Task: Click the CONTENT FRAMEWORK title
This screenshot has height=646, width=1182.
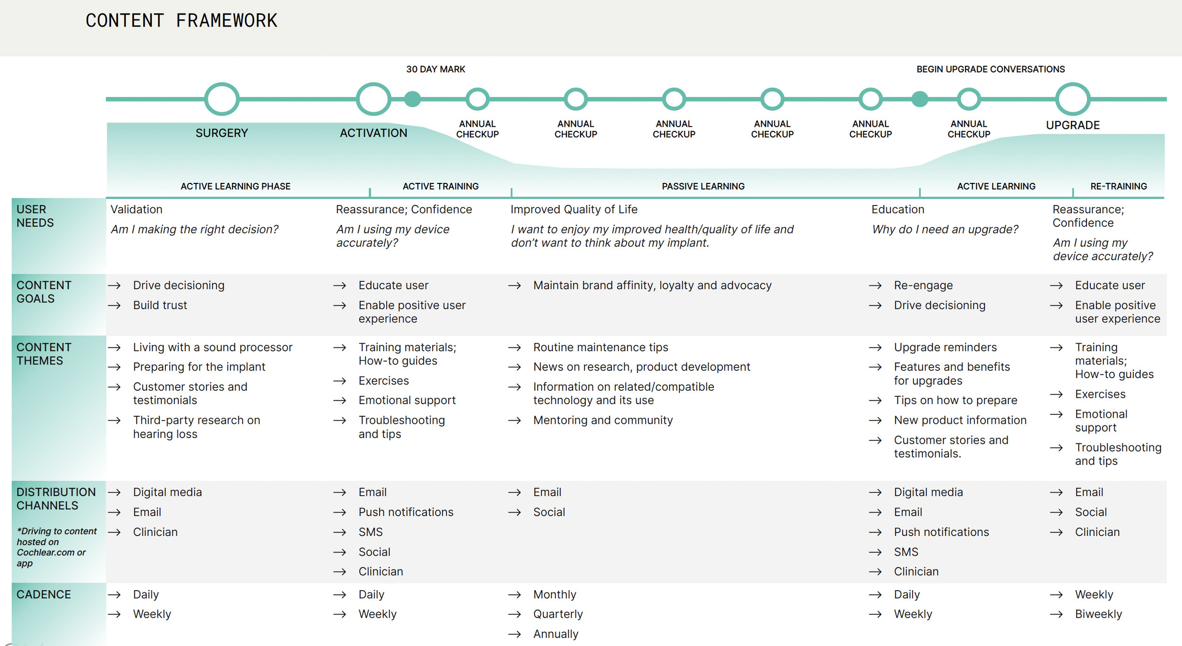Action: pyautogui.click(x=181, y=21)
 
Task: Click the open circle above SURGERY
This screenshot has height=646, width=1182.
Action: pyautogui.click(x=222, y=99)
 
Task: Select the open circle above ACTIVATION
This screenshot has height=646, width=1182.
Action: pyautogui.click(x=374, y=99)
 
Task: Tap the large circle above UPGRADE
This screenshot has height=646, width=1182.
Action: pyautogui.click(x=1073, y=99)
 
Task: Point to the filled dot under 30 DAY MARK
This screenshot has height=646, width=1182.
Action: pyautogui.click(x=412, y=99)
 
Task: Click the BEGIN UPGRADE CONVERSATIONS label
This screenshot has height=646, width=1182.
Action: pyautogui.click(x=991, y=69)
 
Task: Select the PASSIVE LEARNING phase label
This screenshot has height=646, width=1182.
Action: pyautogui.click(x=703, y=186)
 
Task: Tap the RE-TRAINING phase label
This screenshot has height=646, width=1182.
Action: pyautogui.click(x=1118, y=186)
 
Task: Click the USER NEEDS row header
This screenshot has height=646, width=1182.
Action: pyautogui.click(x=35, y=216)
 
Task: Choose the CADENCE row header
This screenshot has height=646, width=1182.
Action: pyautogui.click(x=43, y=594)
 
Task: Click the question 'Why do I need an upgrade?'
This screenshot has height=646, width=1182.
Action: pyautogui.click(x=945, y=229)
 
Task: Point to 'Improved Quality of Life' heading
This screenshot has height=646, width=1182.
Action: pyautogui.click(x=574, y=209)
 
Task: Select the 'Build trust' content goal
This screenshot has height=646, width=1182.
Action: pyautogui.click(x=160, y=305)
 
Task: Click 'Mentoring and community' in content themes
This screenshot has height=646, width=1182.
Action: pyautogui.click(x=603, y=420)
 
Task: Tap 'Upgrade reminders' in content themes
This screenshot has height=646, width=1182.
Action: pyautogui.click(x=945, y=347)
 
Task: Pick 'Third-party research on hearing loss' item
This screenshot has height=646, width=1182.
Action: pyautogui.click(x=196, y=427)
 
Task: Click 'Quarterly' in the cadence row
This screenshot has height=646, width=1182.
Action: pyautogui.click(x=558, y=614)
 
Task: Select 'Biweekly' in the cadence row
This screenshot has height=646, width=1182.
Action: pyautogui.click(x=1098, y=614)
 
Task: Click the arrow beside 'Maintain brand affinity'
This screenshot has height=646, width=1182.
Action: pyautogui.click(x=514, y=285)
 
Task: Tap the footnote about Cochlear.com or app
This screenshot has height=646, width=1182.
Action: pyautogui.click(x=56, y=547)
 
